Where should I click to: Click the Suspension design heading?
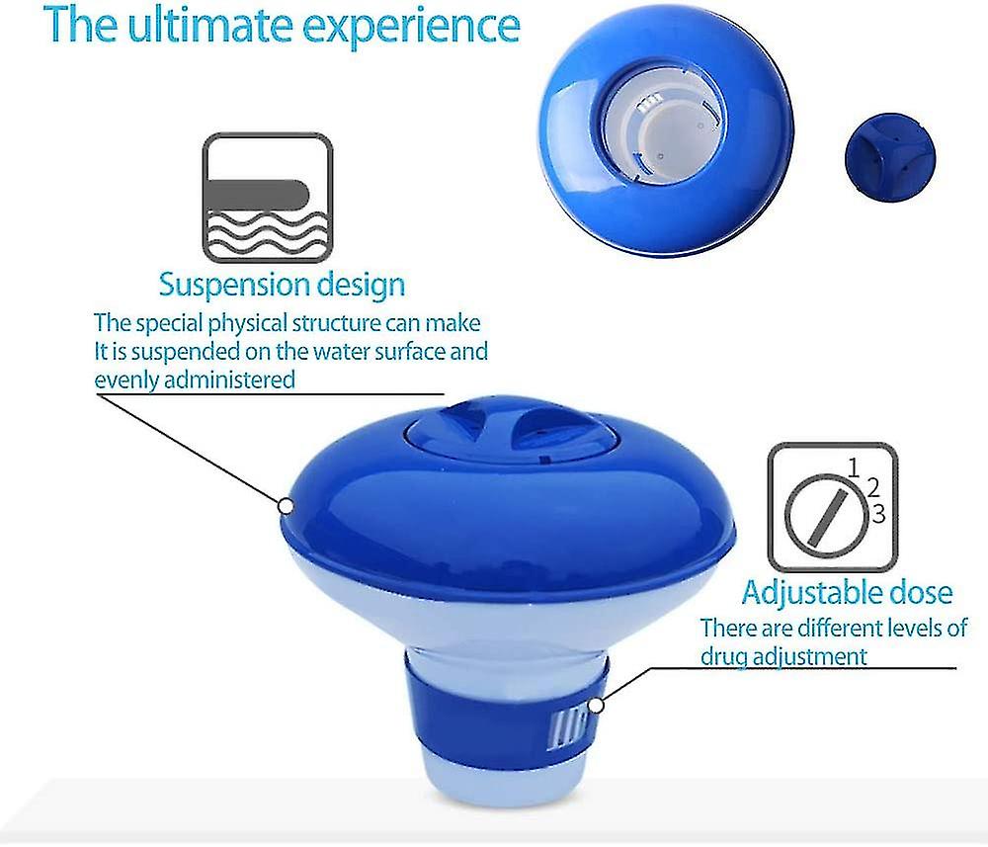(x=282, y=285)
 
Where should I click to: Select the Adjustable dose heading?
(x=848, y=592)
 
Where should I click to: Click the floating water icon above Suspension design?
(x=267, y=198)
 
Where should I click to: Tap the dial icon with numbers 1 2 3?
(x=833, y=506)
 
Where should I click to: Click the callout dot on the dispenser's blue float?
(x=286, y=505)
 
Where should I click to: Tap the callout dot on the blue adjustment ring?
(x=595, y=705)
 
